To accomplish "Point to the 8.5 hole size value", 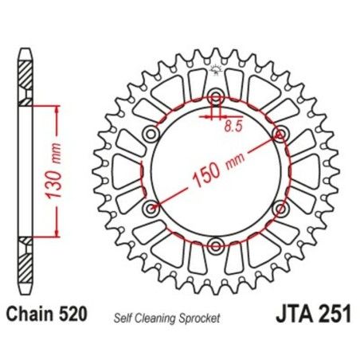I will point(232,125).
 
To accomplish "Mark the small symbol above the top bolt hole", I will point(216,70).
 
